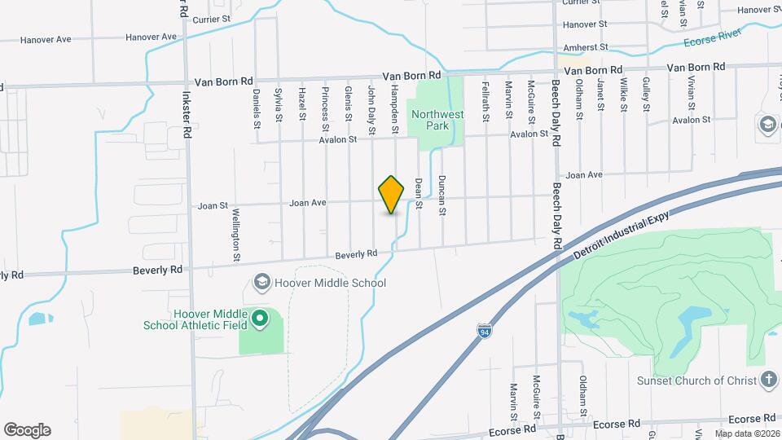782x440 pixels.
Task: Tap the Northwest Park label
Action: [437, 121]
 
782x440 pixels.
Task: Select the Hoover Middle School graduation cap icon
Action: [262, 283]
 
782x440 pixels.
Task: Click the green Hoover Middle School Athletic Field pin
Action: [260, 319]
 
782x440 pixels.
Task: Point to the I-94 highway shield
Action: [484, 329]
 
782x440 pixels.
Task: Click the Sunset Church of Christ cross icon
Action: [769, 381]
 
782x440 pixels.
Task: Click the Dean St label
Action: [419, 194]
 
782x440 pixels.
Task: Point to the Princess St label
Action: [324, 108]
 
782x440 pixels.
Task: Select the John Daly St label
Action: [371, 109]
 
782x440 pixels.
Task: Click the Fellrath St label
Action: [485, 101]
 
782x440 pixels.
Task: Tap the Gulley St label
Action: [645, 95]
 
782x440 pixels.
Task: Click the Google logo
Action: [27, 430]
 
